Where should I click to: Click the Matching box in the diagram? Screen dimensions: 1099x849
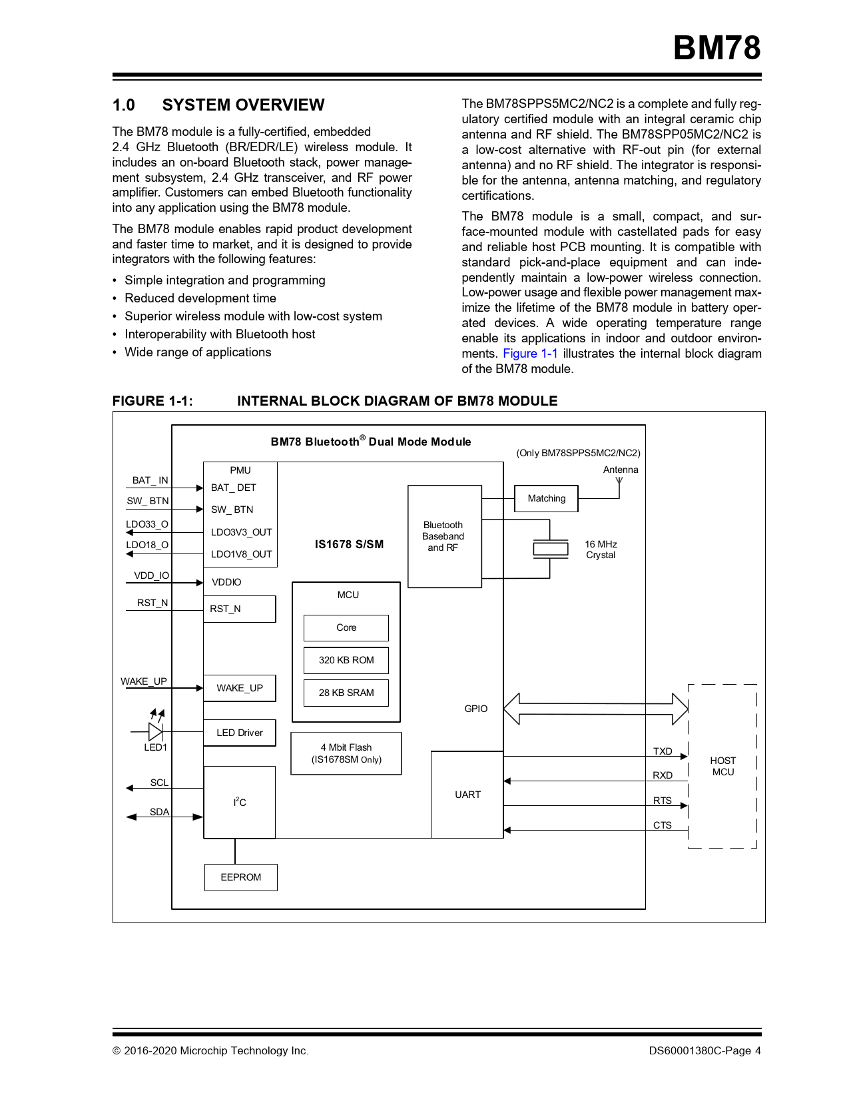[546, 498]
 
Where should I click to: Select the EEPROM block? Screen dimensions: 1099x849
[240, 877]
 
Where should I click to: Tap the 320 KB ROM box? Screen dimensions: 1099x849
[346, 660]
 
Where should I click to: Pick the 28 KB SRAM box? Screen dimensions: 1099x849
[346, 693]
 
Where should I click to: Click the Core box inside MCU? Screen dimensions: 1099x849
[346, 627]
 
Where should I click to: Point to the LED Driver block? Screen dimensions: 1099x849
[240, 733]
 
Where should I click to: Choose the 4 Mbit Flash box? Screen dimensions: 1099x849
[346, 753]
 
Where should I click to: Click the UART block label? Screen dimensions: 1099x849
[467, 795]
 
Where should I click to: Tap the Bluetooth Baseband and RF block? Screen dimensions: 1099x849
[443, 536]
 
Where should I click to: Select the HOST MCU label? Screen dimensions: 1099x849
[722, 766]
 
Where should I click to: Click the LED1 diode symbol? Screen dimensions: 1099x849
[155, 731]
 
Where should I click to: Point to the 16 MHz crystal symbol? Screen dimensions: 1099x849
[551, 549]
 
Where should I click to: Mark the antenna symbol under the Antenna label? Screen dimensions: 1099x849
[619, 482]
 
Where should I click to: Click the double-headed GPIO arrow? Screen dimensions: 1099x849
[595, 709]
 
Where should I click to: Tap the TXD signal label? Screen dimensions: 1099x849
[663, 751]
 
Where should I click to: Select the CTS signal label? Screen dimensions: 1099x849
[663, 825]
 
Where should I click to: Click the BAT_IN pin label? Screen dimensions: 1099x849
[150, 480]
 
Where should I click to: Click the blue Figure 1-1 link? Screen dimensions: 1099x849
[530, 354]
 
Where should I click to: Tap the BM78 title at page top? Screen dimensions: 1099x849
[716, 48]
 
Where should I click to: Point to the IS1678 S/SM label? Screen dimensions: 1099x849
[349, 544]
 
